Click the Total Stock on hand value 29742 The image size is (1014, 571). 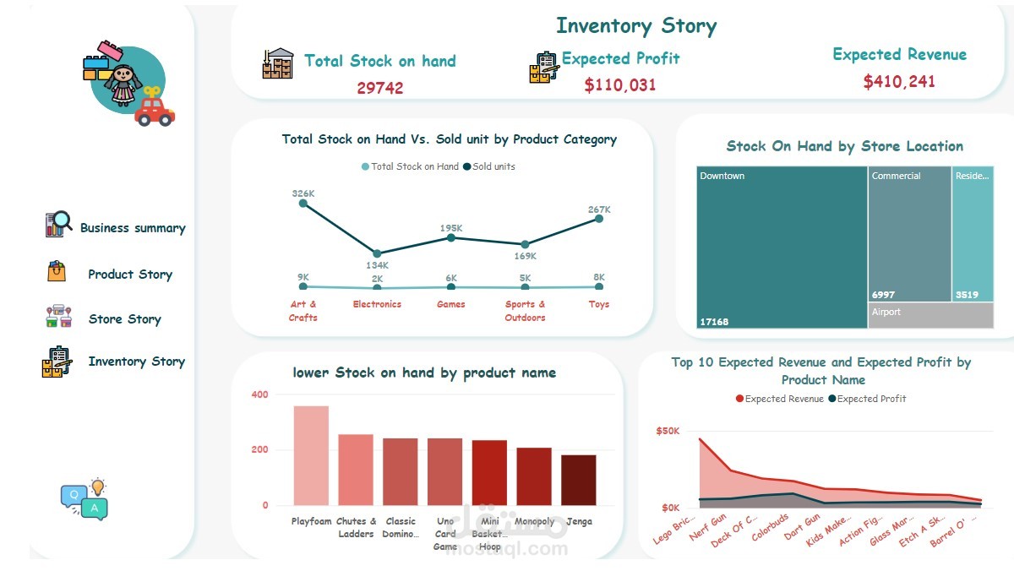click(x=379, y=88)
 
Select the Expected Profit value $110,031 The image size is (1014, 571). click(x=619, y=84)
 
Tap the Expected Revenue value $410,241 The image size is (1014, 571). click(x=899, y=82)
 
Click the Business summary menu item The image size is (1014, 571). click(x=132, y=228)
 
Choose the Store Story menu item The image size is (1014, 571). click(x=124, y=319)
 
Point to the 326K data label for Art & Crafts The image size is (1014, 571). click(x=303, y=193)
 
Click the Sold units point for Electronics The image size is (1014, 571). click(x=377, y=253)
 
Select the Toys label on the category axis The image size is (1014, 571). click(x=598, y=304)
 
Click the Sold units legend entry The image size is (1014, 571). click(x=493, y=166)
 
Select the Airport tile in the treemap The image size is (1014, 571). click(x=930, y=315)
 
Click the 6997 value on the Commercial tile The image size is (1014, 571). click(x=883, y=295)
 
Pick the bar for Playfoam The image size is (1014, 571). click(x=311, y=455)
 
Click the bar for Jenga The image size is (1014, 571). click(x=578, y=480)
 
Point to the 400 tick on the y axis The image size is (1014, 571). click(x=259, y=394)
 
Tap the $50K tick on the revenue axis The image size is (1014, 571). click(x=668, y=431)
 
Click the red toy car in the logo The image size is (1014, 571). click(x=154, y=111)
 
